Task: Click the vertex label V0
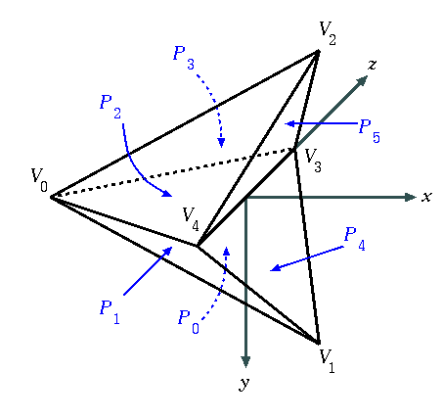click(39, 180)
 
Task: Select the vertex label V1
click(327, 361)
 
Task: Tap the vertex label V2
click(328, 33)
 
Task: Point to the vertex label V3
click(313, 161)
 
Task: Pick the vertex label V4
click(191, 219)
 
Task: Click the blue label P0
click(189, 322)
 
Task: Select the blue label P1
click(110, 312)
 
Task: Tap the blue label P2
click(111, 107)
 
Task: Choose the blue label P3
click(184, 58)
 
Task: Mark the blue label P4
click(355, 239)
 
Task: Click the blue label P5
click(370, 131)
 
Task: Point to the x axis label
click(426, 197)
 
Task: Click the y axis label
click(244, 384)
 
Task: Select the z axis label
click(372, 65)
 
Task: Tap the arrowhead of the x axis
click(410, 197)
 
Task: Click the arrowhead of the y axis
click(245, 361)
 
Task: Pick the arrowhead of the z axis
click(362, 80)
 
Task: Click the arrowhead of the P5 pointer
click(289, 123)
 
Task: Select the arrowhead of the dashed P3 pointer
click(221, 143)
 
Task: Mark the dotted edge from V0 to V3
click(173, 173)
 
